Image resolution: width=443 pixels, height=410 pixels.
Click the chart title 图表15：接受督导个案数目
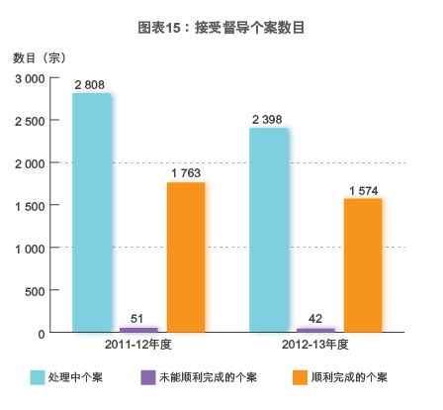pos(221,27)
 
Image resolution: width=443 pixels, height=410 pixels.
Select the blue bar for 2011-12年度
pos(92,213)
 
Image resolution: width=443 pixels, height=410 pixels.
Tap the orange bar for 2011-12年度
pos(186,257)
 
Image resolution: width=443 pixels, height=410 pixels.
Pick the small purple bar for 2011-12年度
pos(138,329)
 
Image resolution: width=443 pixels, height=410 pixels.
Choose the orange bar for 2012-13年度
pos(363,265)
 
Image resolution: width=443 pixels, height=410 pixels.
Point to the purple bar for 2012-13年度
pos(315,330)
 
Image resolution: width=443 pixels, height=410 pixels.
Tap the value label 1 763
pos(186,174)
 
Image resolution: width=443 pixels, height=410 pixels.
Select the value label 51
pos(138,318)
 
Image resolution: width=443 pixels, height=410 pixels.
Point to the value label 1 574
pos(364,190)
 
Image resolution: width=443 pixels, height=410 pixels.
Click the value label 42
pos(315,319)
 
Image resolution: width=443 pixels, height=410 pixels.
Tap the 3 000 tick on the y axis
pos(28,78)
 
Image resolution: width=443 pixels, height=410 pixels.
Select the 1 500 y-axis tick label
pos(28,206)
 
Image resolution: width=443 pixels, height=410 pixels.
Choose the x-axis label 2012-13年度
pos(316,346)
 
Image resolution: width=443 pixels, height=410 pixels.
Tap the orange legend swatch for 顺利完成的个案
pos(299,377)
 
